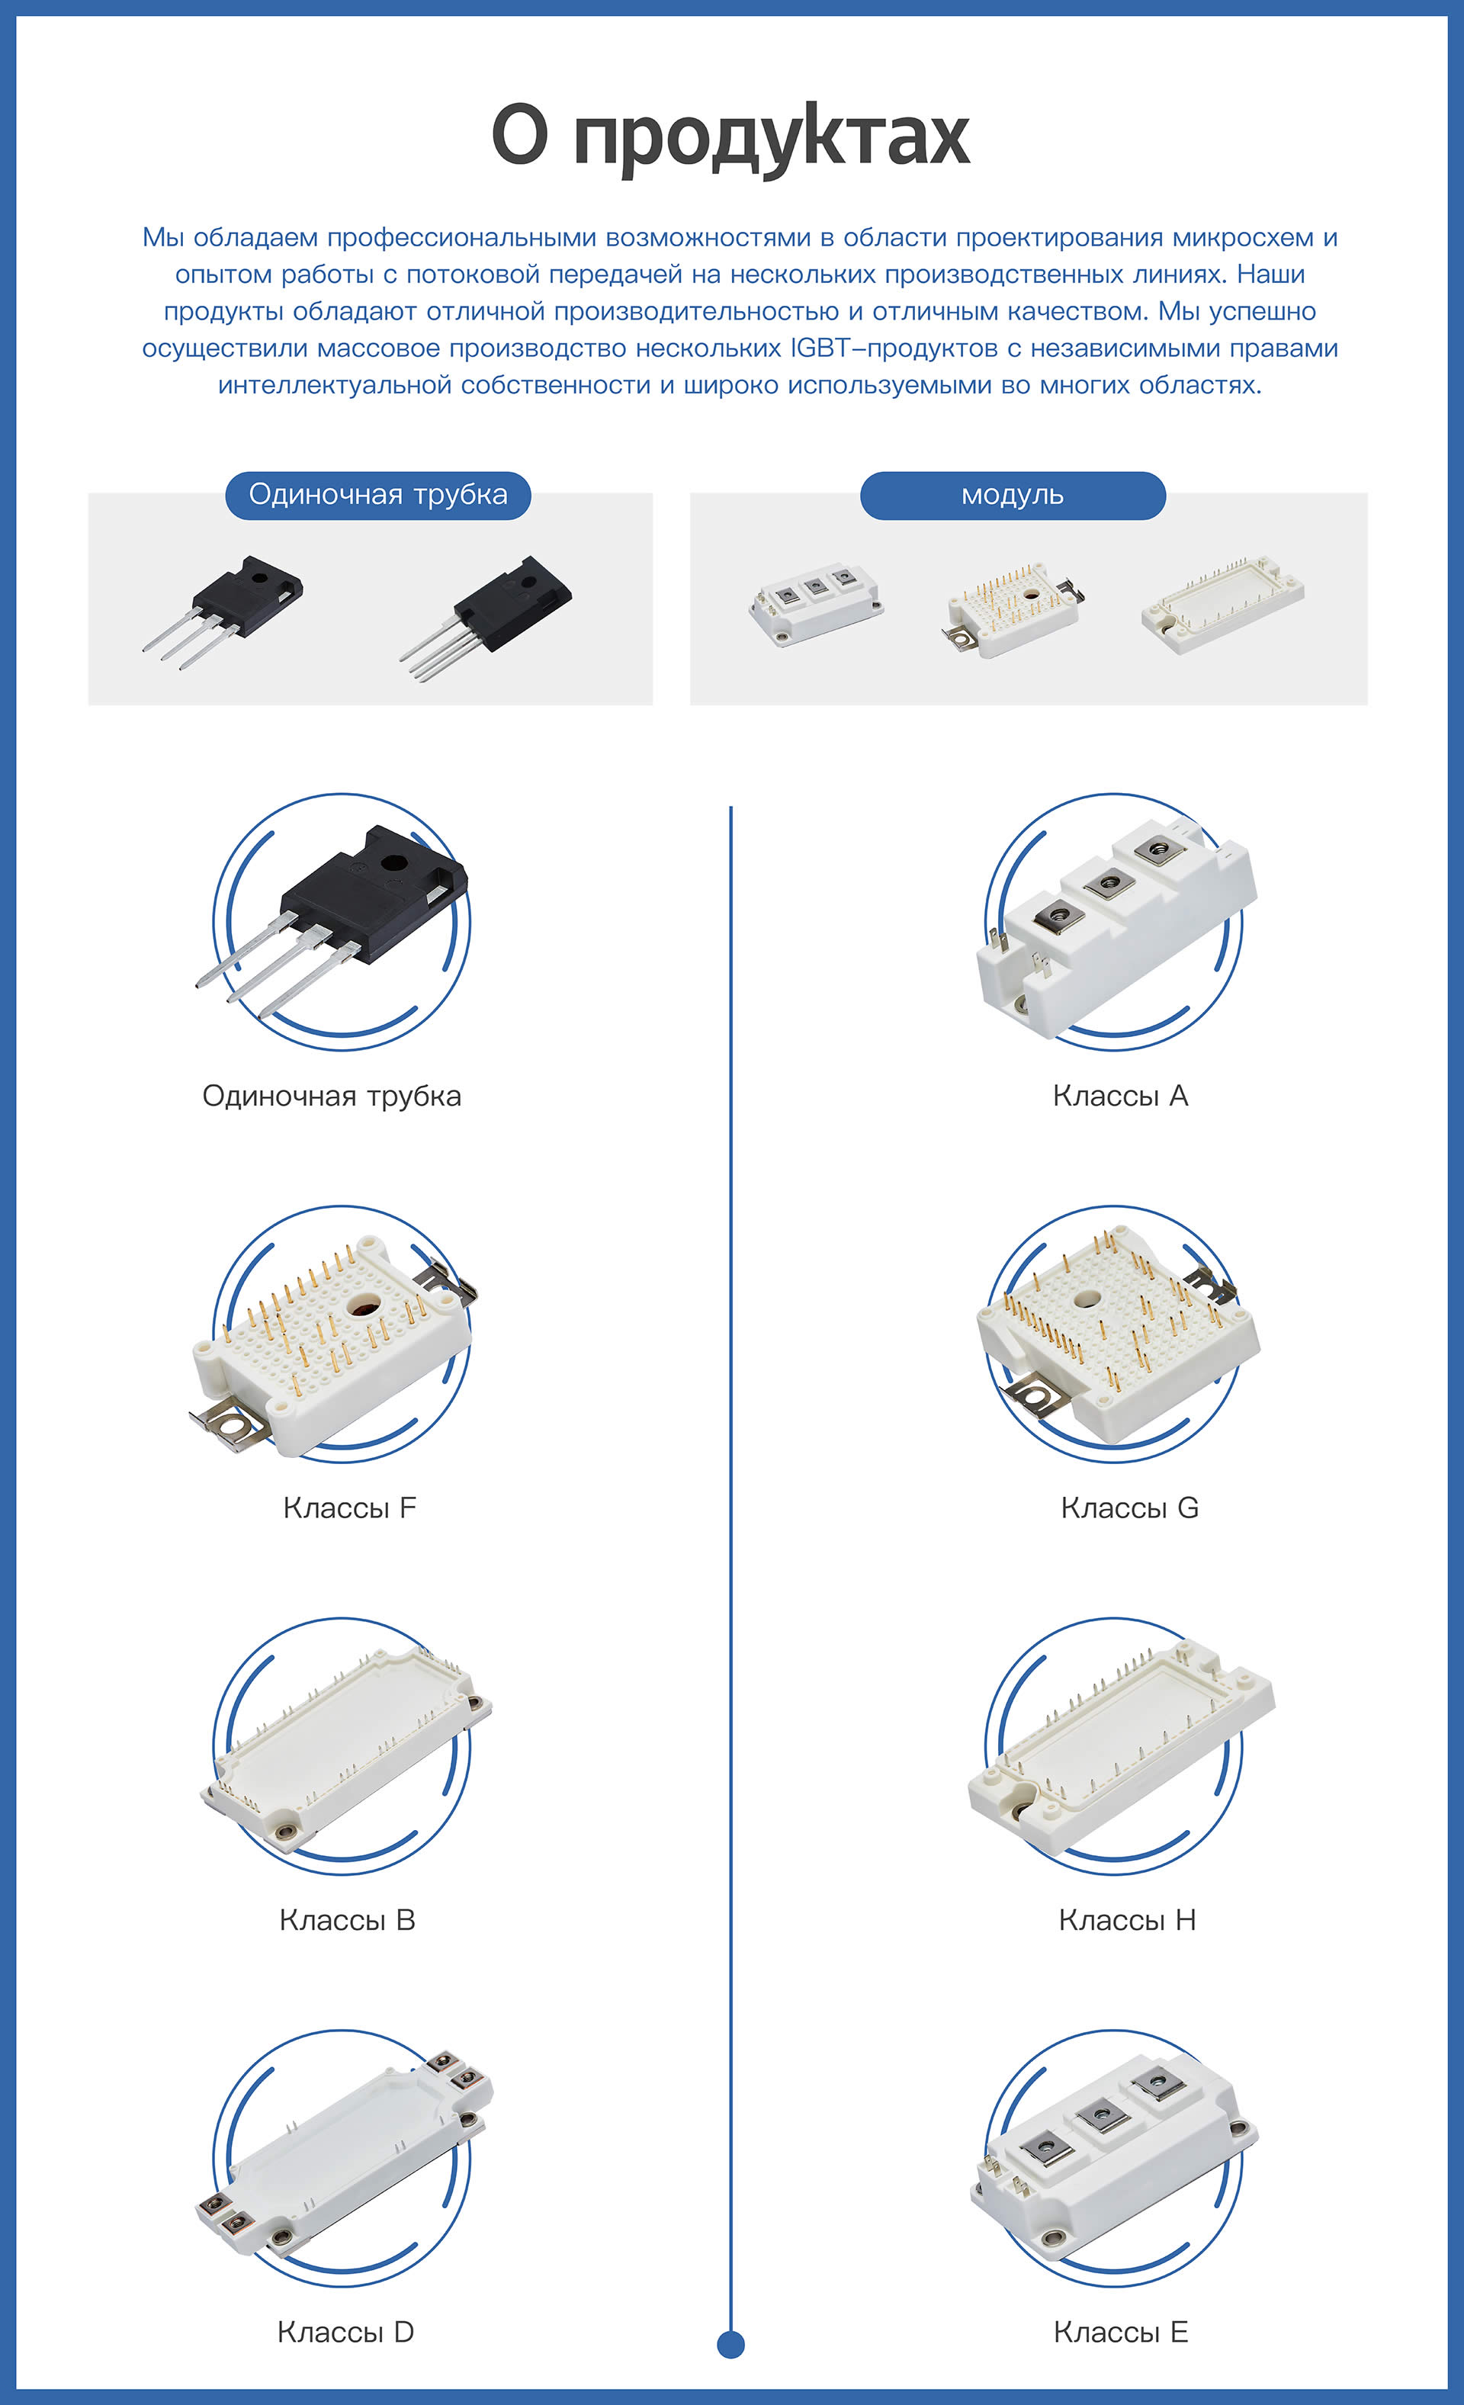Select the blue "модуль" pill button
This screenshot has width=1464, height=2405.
(x=1012, y=495)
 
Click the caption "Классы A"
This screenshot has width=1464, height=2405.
(x=1120, y=1095)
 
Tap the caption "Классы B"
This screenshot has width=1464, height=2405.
(x=348, y=1920)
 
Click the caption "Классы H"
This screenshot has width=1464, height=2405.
(x=1127, y=1920)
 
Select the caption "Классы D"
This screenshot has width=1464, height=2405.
(x=345, y=2332)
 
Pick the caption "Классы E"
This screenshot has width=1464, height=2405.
(x=1120, y=2332)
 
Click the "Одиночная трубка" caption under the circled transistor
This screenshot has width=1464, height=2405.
(x=332, y=1096)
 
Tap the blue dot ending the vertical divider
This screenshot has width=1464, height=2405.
(x=731, y=2343)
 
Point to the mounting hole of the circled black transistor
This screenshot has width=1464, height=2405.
(x=394, y=863)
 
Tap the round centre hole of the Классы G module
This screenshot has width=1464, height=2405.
(x=1087, y=1298)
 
